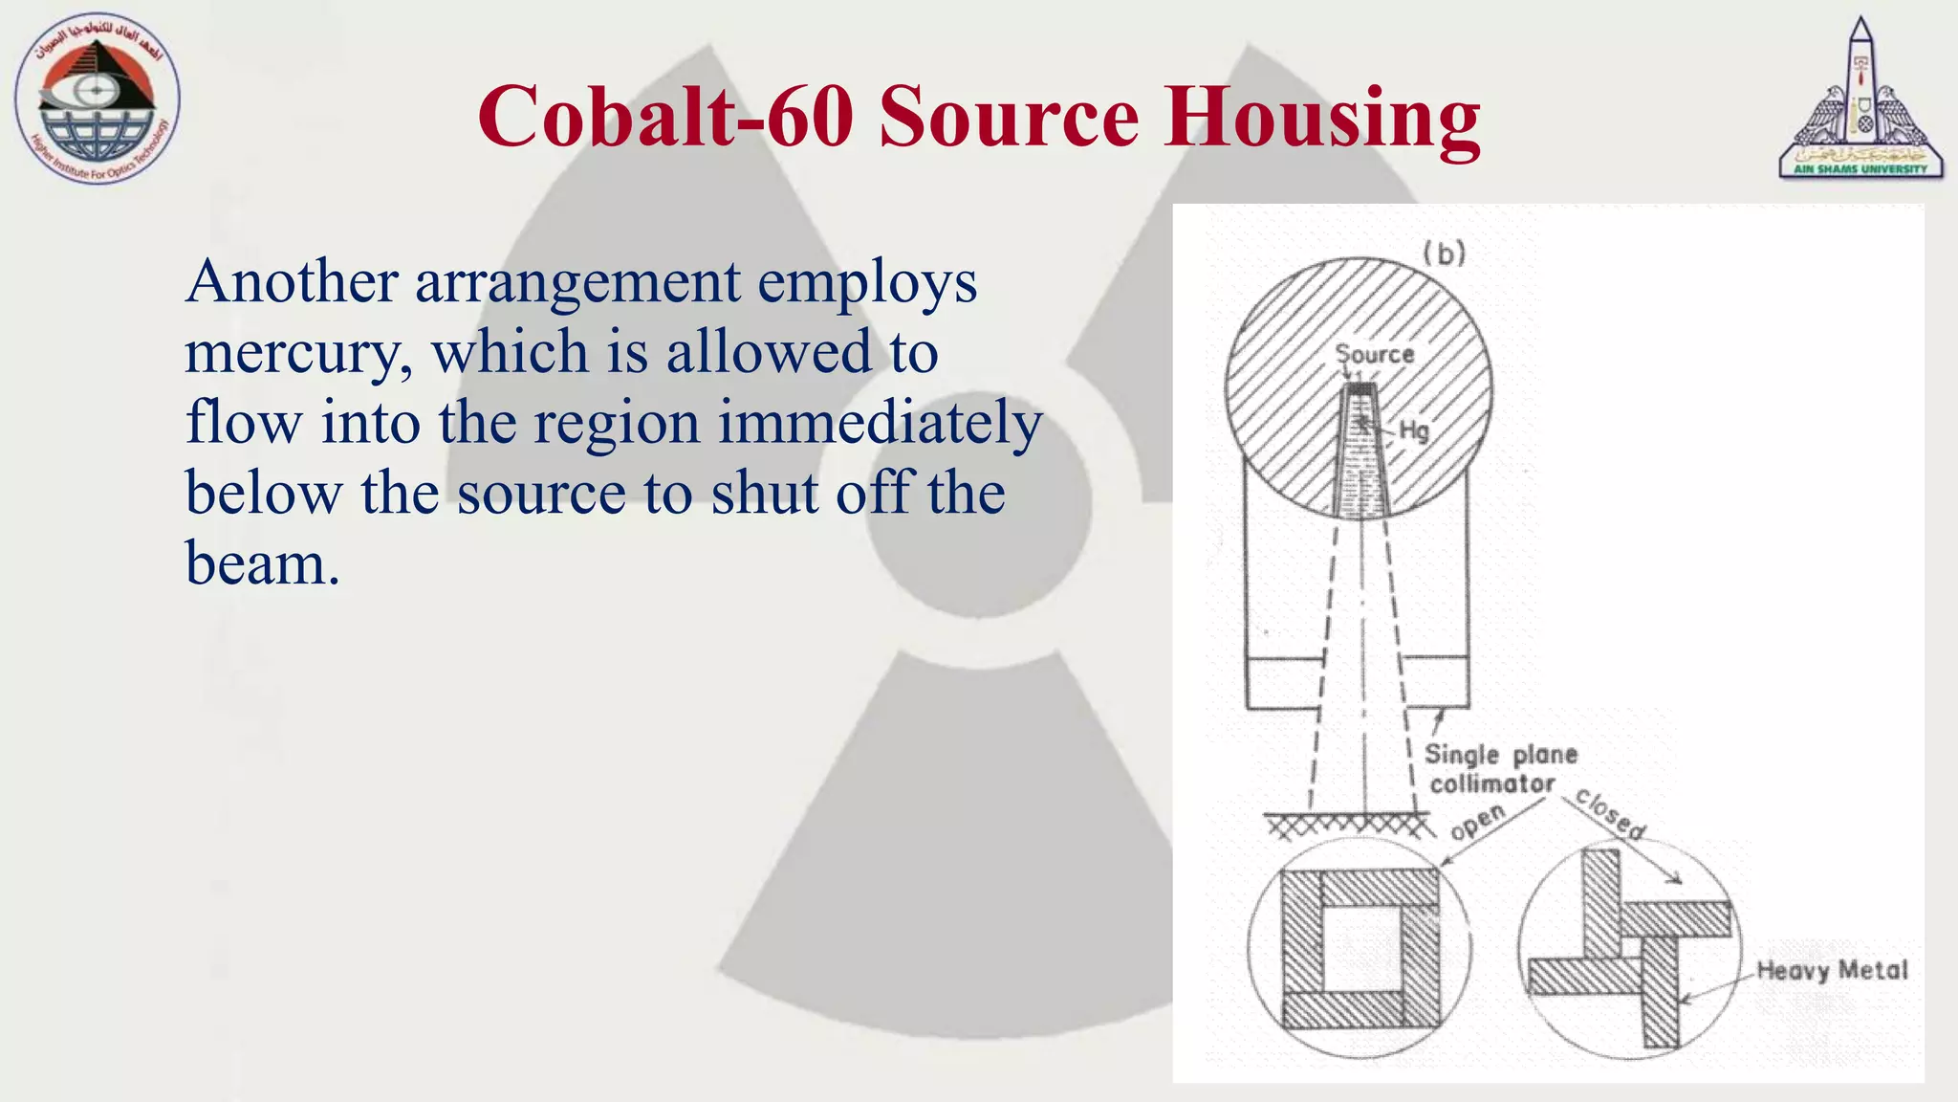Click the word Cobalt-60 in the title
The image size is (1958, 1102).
(x=665, y=117)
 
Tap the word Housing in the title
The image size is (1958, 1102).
(x=1322, y=117)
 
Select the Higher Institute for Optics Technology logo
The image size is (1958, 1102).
(x=97, y=99)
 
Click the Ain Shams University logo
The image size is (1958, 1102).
(x=1860, y=99)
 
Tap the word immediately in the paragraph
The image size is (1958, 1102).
(x=880, y=423)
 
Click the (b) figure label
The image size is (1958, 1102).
(x=1444, y=253)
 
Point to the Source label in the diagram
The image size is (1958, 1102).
(x=1375, y=354)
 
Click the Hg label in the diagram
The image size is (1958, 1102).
(x=1414, y=430)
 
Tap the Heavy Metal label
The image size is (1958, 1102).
(x=1832, y=970)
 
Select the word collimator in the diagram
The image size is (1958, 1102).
(x=1492, y=784)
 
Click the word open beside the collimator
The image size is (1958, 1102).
(x=1477, y=822)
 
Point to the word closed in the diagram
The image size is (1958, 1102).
(x=1611, y=813)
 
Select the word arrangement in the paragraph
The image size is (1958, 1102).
(x=577, y=283)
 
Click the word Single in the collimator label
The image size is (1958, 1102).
(x=1462, y=755)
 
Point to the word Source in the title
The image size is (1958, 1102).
(x=1009, y=117)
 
